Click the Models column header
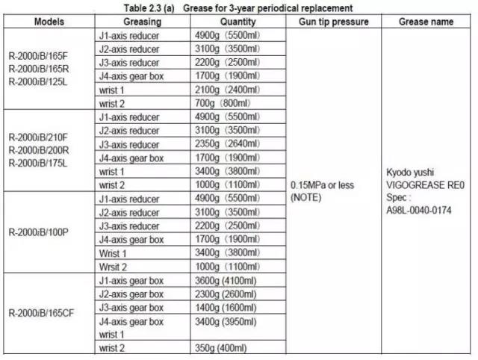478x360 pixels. pos(49,22)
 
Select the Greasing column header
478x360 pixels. pos(143,22)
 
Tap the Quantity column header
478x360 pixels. pos(238,22)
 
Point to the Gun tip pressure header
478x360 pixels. pos(332,22)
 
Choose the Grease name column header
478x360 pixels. pos(426,22)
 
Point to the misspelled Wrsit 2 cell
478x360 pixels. pos(113,267)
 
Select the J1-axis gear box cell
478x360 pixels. pos(131,281)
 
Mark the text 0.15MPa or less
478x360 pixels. pos(320,184)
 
